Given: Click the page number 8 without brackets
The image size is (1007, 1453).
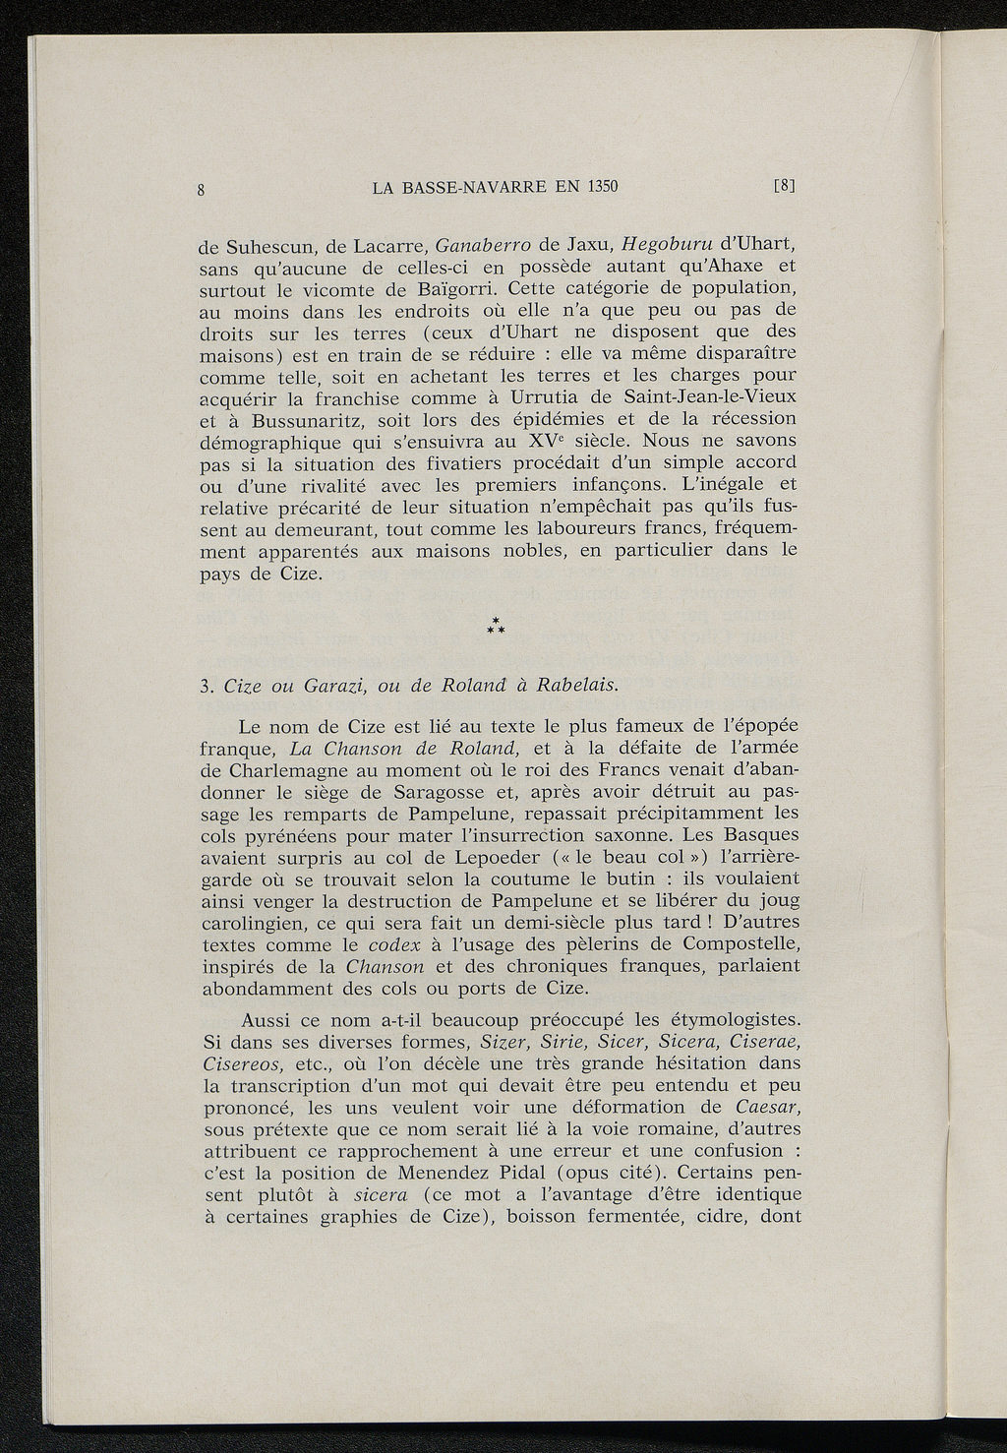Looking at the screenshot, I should (x=201, y=191).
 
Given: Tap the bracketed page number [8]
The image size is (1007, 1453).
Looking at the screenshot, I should (x=785, y=185).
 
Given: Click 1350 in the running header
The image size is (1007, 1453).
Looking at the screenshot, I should (x=598, y=186).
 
